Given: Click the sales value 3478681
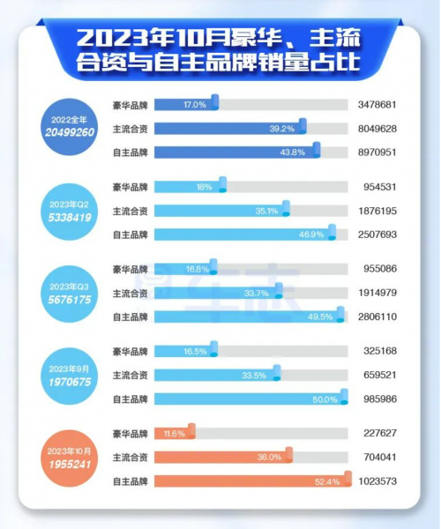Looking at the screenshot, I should tap(378, 105).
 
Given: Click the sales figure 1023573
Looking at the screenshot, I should tap(378, 481).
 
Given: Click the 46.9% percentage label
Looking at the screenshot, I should tap(312, 235).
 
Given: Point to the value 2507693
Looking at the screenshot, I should tap(378, 235).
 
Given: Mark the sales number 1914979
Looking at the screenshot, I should tap(378, 293).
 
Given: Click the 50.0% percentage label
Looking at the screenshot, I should tap(325, 399).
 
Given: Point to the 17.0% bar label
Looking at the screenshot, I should tap(195, 105).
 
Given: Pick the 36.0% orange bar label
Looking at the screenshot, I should tap(268, 458).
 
